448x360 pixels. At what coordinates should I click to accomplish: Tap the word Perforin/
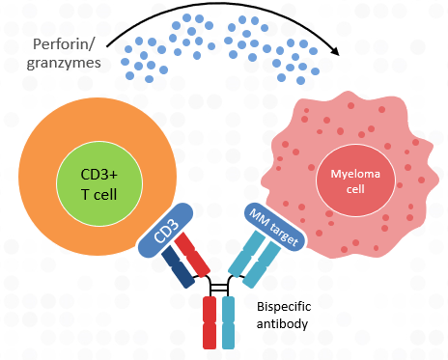[x=65, y=45]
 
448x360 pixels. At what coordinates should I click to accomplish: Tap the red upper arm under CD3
[x=198, y=251]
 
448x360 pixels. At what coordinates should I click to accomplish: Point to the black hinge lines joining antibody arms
[x=219, y=287]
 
